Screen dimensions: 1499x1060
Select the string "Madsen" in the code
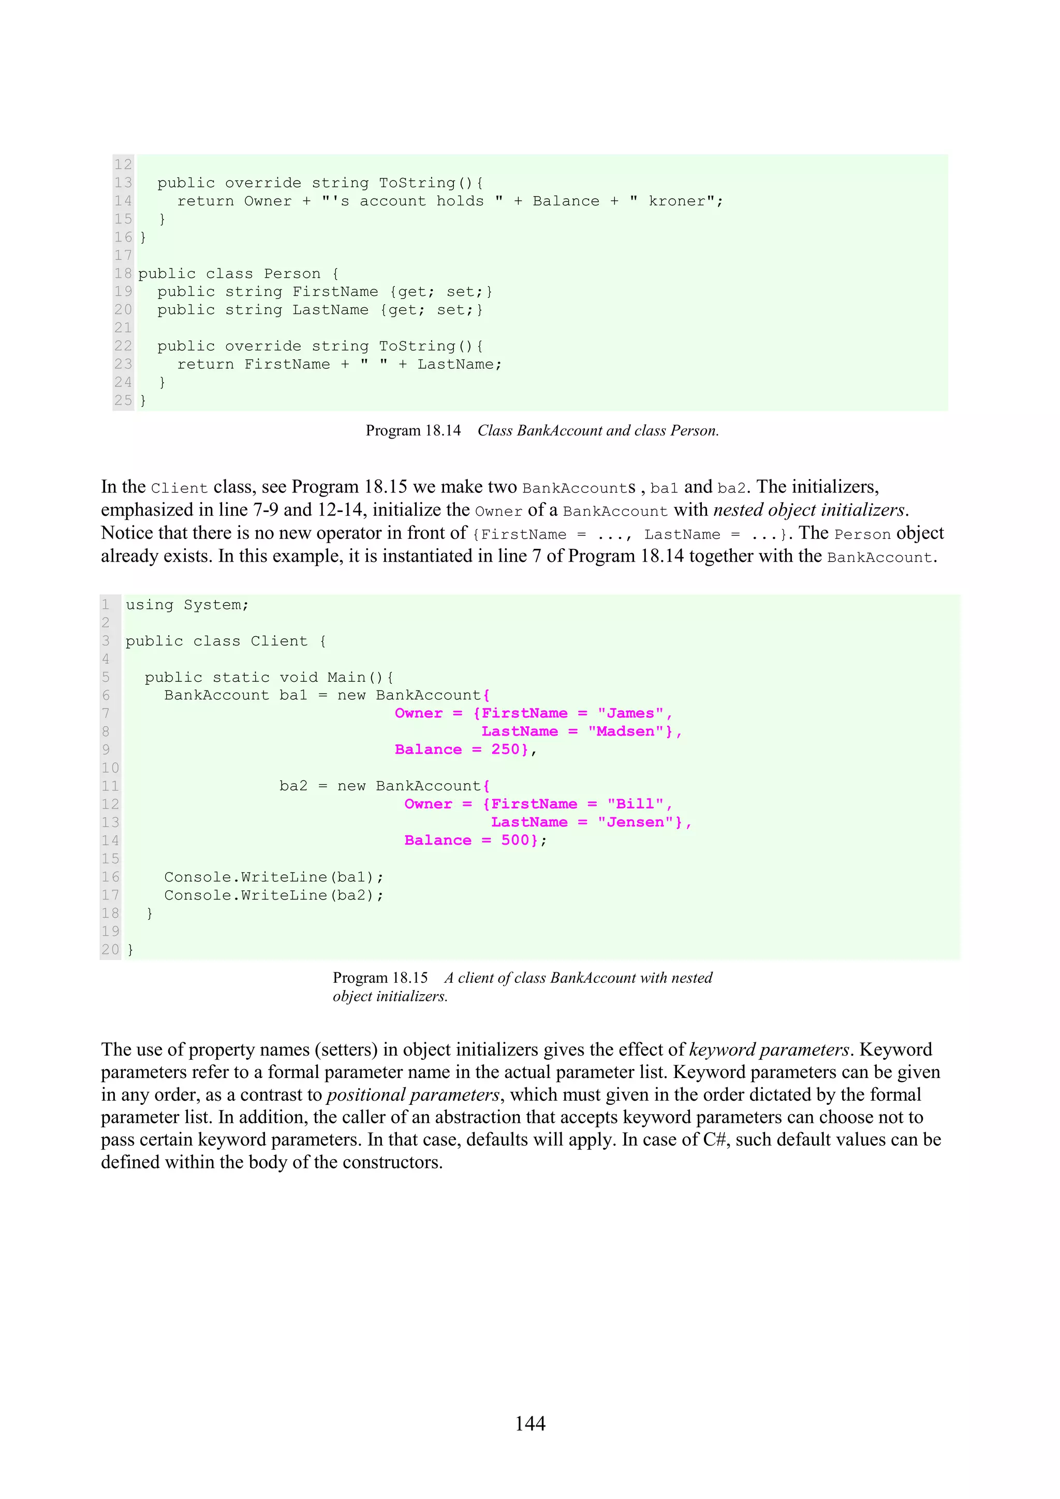pyautogui.click(x=625, y=732)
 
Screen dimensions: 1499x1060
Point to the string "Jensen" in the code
pyautogui.click(x=635, y=822)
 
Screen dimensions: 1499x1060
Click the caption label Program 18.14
pyautogui.click(x=413, y=431)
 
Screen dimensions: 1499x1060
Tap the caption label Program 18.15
pyautogui.click(x=380, y=978)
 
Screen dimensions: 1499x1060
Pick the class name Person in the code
pyautogui.click(x=292, y=274)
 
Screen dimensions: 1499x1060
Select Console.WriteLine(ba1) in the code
pyautogui.click(x=273, y=877)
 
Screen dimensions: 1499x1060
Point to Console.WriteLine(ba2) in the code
pyautogui.click(x=273, y=895)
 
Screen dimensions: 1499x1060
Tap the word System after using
pyautogui.click(x=212, y=605)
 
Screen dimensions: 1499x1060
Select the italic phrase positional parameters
pyautogui.click(x=413, y=1095)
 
